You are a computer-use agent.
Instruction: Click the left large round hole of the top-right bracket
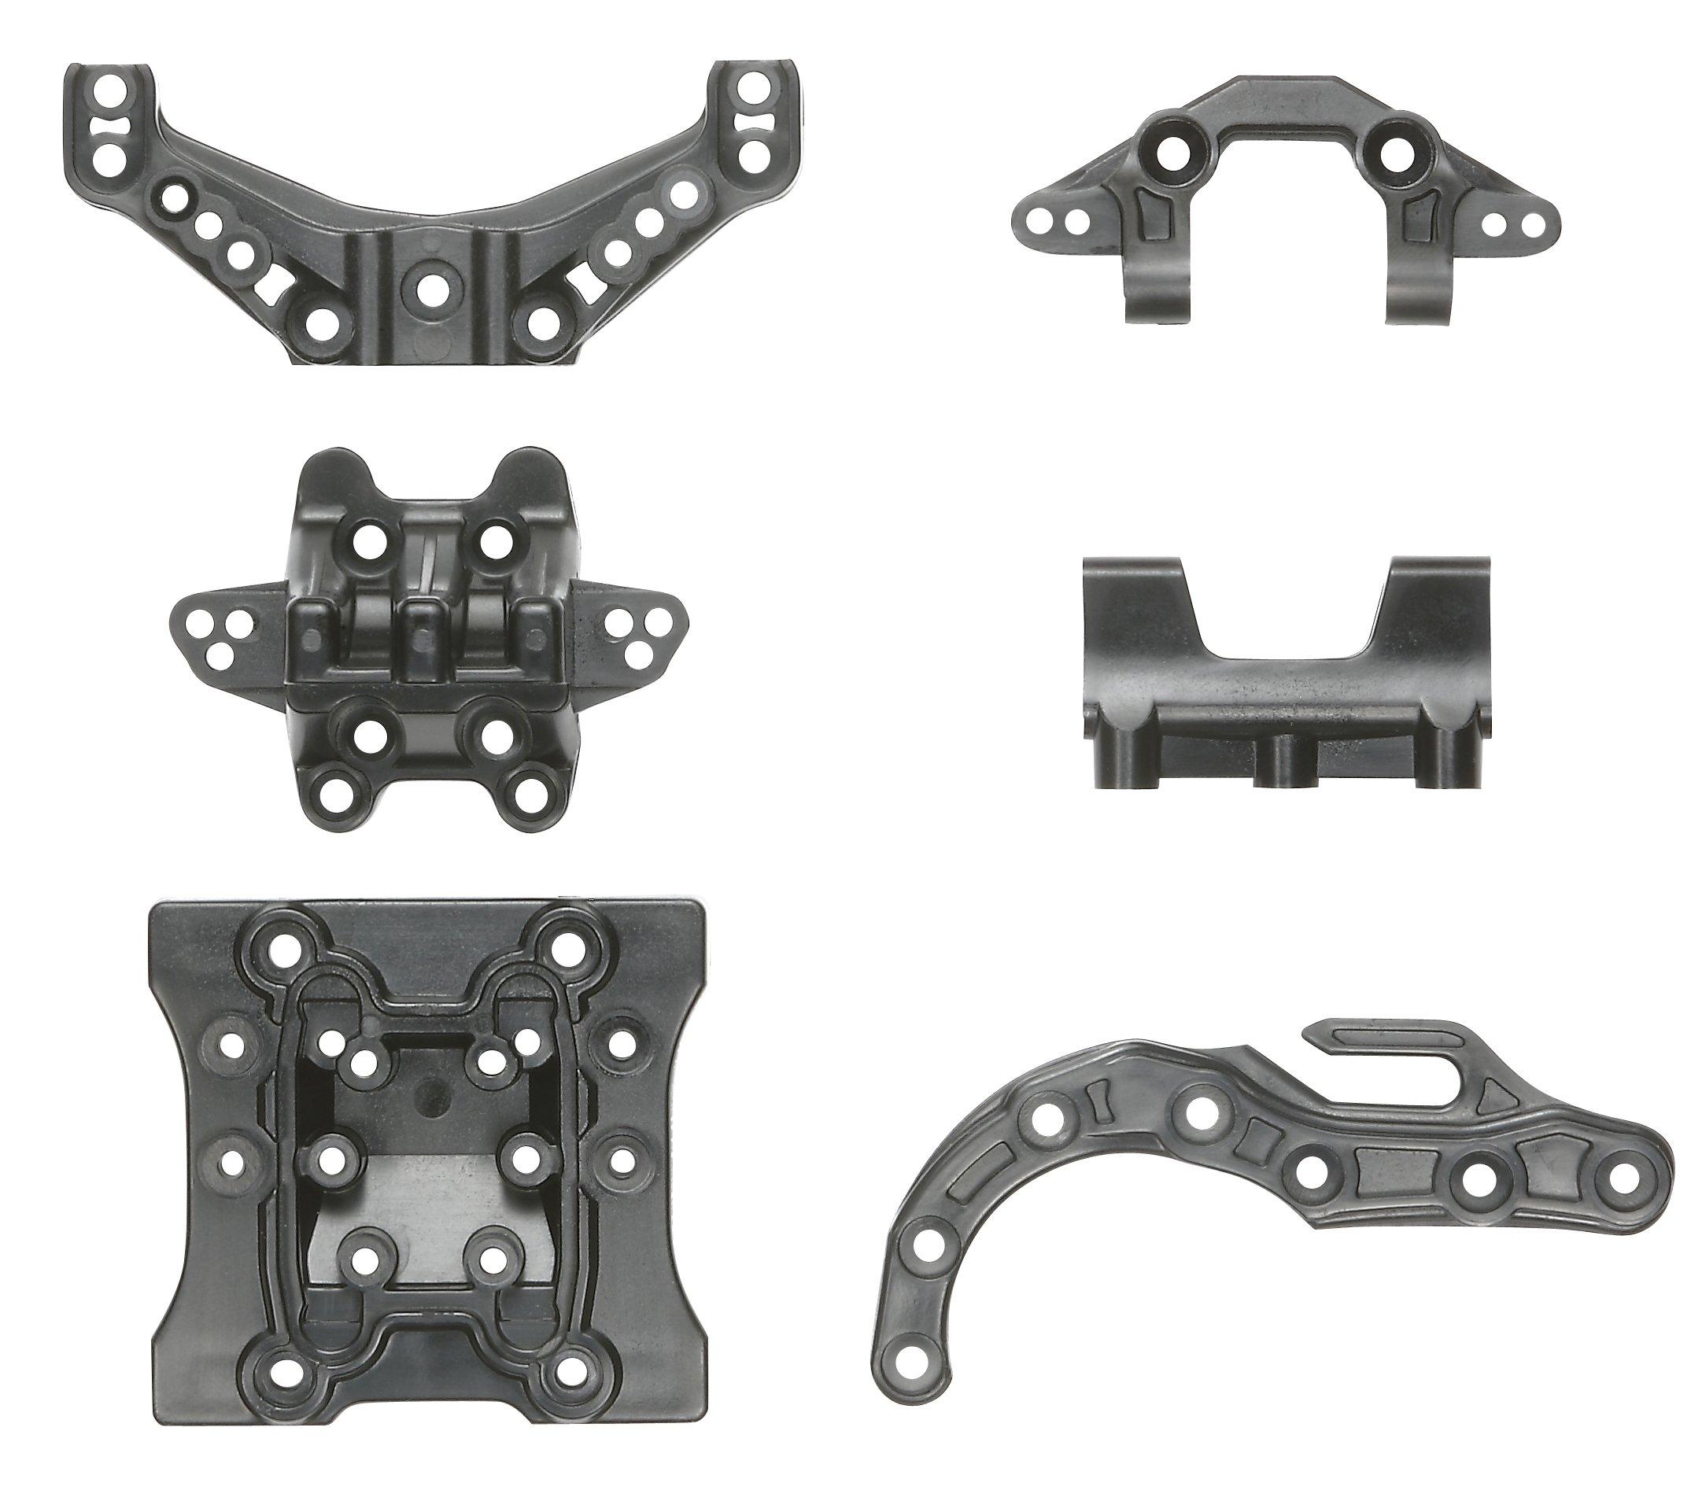tap(1170, 149)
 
